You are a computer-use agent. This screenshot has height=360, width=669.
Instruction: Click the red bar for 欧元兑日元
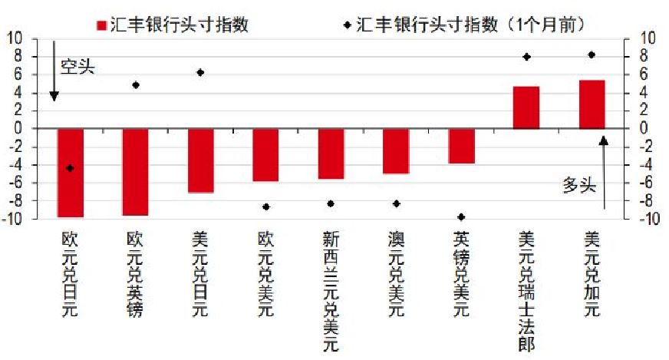tap(71, 173)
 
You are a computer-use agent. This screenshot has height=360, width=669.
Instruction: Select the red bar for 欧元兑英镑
tap(136, 172)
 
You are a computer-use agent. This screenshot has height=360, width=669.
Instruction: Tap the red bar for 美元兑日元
tap(201, 160)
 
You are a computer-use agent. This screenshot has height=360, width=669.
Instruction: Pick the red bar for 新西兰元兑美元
tap(331, 154)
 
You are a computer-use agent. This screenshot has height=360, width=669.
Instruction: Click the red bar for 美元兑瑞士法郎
tap(526, 107)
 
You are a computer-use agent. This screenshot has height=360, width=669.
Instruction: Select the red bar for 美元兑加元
tap(592, 104)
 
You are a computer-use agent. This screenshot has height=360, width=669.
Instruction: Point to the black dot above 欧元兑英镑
tap(136, 85)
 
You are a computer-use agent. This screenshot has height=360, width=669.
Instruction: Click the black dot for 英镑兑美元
tap(461, 217)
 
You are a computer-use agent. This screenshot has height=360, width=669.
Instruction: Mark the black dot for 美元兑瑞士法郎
tap(526, 57)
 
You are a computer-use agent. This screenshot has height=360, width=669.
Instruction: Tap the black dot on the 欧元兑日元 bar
tap(71, 168)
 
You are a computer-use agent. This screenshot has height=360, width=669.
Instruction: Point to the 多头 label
tap(579, 185)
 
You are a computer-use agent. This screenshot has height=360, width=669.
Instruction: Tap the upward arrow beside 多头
tap(604, 173)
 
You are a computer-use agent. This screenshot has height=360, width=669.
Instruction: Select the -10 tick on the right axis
tap(647, 219)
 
